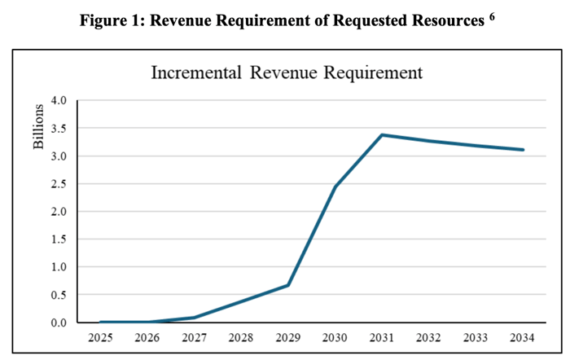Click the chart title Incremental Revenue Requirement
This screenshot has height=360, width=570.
pos(287,72)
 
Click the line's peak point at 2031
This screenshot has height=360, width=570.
pos(383,134)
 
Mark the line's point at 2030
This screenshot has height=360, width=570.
pos(335,187)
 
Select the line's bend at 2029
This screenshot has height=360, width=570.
pos(288,285)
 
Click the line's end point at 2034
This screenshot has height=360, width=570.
pos(523,150)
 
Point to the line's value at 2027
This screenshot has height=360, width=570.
pos(195,318)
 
